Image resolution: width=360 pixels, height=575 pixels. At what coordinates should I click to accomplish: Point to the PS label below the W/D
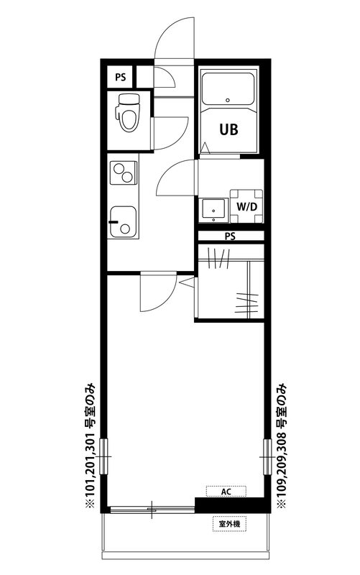pos(230,236)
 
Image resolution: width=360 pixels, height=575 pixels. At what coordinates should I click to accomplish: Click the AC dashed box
pos(226,492)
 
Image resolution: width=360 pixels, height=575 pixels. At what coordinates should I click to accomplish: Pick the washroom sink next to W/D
pos(213,208)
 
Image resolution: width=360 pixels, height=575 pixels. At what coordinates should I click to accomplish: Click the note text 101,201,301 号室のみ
pos(90,446)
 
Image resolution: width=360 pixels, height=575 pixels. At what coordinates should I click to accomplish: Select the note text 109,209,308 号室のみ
pos(281,446)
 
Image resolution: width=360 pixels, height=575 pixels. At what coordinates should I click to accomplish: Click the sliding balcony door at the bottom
pos(152,510)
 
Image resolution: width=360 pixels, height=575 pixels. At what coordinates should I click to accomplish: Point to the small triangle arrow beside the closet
pos(184,282)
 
